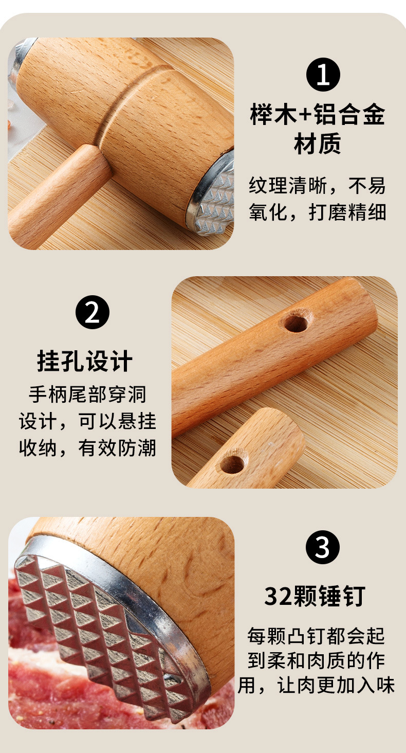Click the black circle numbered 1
[323, 75]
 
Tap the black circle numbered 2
[93, 313]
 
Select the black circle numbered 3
[322, 547]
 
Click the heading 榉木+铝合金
[317, 115]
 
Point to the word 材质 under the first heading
[317, 145]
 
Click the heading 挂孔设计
[85, 361]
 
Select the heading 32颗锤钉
[315, 596]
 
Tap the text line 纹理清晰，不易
[317, 186]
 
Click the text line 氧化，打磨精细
[317, 211]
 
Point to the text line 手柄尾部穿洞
[87, 395]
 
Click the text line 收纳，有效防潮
[87, 448]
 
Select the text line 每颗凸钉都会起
[316, 636]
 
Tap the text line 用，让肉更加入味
[316, 686]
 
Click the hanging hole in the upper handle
[296, 322]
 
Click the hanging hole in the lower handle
[232, 464]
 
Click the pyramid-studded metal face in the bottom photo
[103, 627]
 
